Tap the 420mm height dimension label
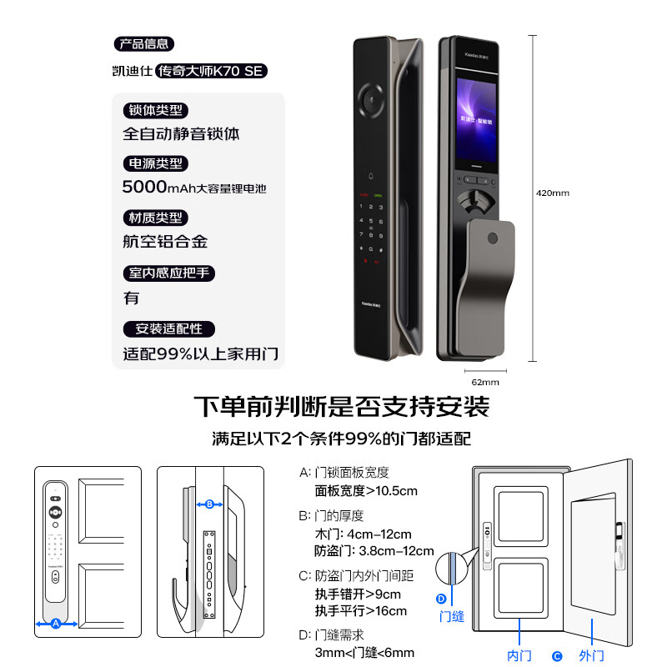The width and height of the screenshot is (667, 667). click(552, 193)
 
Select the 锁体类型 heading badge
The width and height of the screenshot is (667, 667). click(155, 110)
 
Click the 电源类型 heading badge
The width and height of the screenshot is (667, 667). click(155, 163)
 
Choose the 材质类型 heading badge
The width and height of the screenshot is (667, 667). click(155, 218)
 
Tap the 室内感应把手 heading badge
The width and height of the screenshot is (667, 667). click(167, 273)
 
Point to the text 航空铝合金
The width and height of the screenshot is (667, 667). click(165, 242)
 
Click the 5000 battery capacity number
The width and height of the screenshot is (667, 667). click(143, 187)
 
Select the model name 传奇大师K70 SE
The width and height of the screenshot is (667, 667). click(212, 71)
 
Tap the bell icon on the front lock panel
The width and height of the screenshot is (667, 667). click(371, 178)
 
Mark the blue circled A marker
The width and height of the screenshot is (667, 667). click(56, 623)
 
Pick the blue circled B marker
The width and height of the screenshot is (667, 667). click(209, 504)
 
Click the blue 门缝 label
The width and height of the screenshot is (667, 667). click(451, 616)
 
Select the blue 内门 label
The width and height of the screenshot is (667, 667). click(519, 655)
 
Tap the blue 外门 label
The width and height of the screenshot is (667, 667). click(591, 655)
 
